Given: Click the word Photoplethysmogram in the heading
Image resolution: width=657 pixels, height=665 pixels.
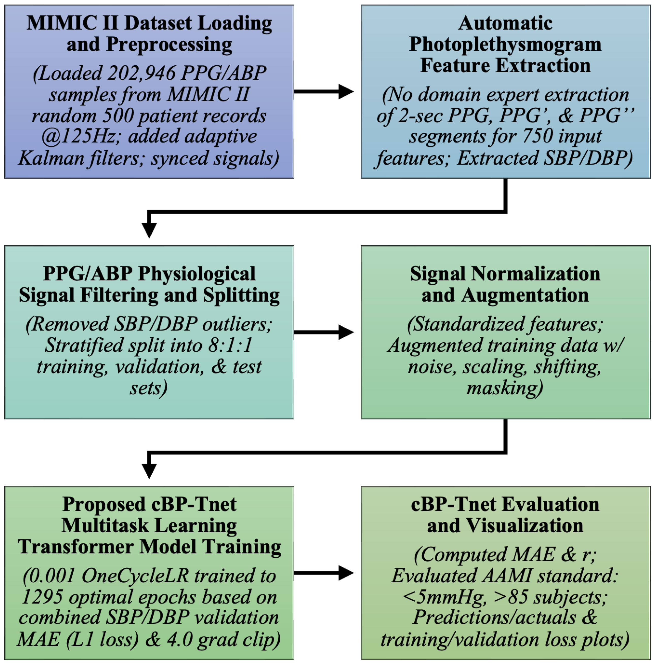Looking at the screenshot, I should [505, 44].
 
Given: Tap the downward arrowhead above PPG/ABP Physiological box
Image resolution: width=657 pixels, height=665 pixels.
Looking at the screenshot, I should [149, 229].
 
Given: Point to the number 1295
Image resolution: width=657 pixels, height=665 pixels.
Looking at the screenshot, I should [42, 597].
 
